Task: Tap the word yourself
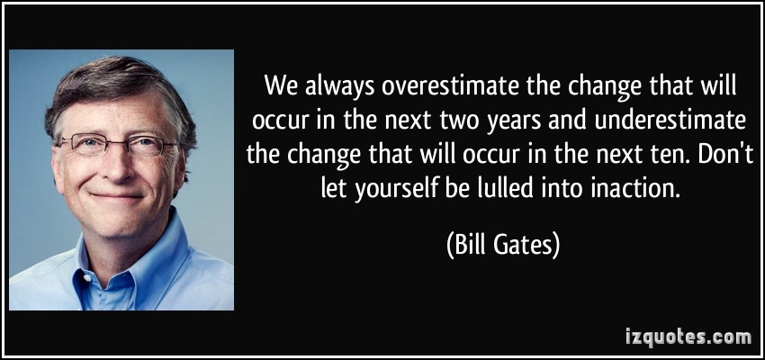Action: (396, 186)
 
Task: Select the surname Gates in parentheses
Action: (524, 246)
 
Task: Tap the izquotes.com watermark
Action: (688, 337)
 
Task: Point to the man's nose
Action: (116, 164)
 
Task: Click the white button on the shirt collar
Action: (87, 278)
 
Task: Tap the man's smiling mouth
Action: (117, 196)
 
